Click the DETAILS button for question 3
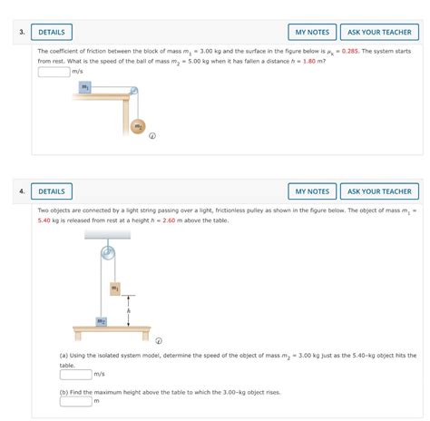click(51, 33)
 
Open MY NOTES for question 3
click(311, 33)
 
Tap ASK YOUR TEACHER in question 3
click(379, 33)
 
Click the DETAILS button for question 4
click(51, 191)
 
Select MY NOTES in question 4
click(311, 191)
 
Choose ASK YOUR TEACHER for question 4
click(379, 191)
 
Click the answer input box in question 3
click(54, 71)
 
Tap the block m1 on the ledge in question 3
click(84, 87)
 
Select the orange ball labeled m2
click(137, 127)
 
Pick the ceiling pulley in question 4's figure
click(108, 250)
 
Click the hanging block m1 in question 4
click(115, 288)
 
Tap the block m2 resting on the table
click(102, 320)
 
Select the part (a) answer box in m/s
click(75, 373)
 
